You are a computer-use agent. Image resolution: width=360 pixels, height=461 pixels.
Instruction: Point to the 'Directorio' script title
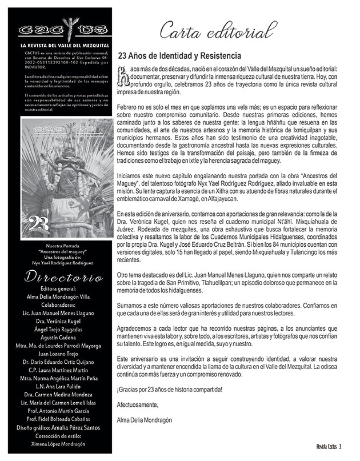55,278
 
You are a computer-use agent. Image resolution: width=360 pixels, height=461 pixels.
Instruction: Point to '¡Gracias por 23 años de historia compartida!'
170,389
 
